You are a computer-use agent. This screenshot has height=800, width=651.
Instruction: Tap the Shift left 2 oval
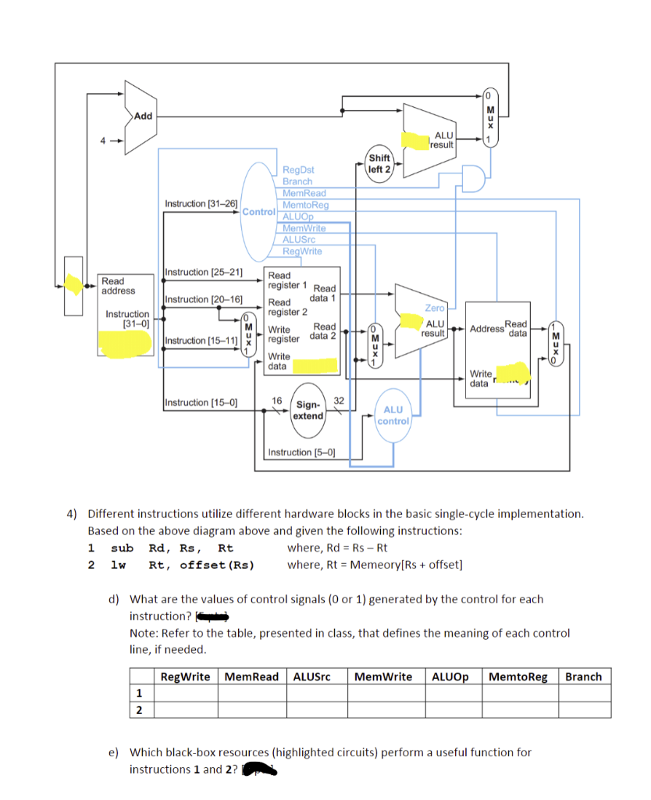pyautogui.click(x=379, y=164)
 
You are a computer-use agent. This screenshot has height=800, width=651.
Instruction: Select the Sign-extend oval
pyautogui.click(x=308, y=410)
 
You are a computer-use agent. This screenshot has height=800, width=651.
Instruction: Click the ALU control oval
pyautogui.click(x=393, y=415)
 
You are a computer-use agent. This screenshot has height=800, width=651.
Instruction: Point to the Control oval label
pyautogui.click(x=259, y=212)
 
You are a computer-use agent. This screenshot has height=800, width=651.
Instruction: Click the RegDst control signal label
pyautogui.click(x=298, y=169)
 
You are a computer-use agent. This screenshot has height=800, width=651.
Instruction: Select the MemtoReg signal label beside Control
pyautogui.click(x=305, y=205)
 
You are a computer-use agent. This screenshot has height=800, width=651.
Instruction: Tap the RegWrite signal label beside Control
pyautogui.click(x=301, y=251)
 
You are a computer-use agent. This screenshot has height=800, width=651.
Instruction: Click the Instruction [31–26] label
pyautogui.click(x=201, y=204)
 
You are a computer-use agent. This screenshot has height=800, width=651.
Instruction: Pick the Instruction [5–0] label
pyautogui.click(x=301, y=452)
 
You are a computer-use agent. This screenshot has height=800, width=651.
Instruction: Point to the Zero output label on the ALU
pyautogui.click(x=434, y=309)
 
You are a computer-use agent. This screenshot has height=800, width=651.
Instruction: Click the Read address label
pyautogui.click(x=118, y=286)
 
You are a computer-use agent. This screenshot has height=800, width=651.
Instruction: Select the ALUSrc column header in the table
pyautogui.click(x=311, y=677)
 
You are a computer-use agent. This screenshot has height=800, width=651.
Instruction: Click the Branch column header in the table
pyautogui.click(x=583, y=677)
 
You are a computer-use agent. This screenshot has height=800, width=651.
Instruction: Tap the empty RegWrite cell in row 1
pyautogui.click(x=184, y=693)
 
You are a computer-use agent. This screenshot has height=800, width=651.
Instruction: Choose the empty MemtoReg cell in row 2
pyautogui.click(x=518, y=709)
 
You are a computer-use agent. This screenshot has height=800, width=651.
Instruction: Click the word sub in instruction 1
pyautogui.click(x=122, y=548)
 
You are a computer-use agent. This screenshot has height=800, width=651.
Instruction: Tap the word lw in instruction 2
pyautogui.click(x=119, y=565)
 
